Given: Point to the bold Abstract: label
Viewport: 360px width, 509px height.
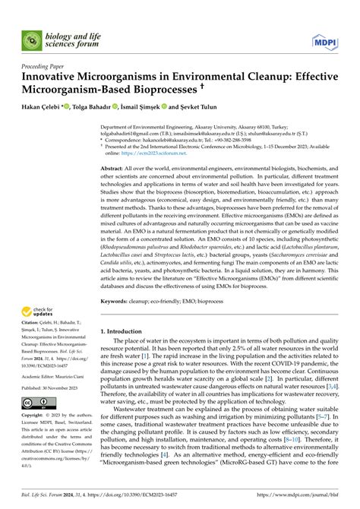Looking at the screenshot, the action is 113,187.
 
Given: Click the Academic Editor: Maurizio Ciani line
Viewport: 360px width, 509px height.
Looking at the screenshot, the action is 55,377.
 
